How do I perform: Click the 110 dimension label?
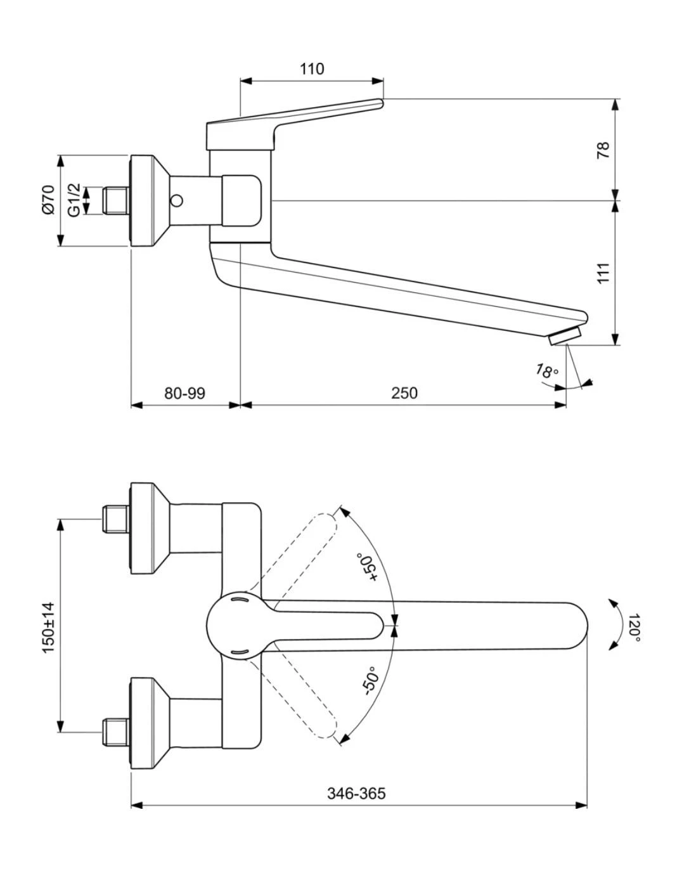pos(312,68)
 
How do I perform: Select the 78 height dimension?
pos(603,150)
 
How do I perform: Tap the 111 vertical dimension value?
pos(603,273)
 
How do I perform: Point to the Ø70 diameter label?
pos(48,200)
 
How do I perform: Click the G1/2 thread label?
pos(75,200)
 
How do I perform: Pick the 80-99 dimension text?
pos(184,393)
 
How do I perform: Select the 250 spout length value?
pos(404,393)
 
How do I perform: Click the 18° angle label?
pos(546,371)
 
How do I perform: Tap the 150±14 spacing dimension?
pos(48,628)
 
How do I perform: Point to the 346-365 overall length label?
pos(356,793)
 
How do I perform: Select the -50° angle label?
pos(371,682)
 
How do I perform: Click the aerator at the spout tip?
pos(565,335)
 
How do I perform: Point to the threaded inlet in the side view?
pos(115,200)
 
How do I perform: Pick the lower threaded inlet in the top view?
pos(115,732)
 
